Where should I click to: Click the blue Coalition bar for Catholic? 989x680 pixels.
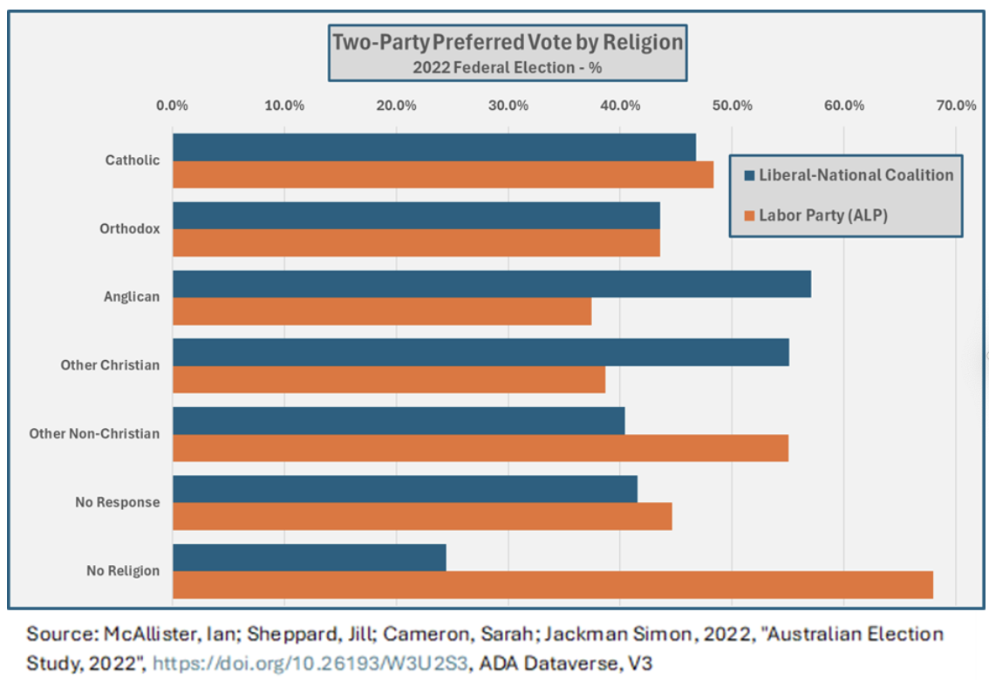(433, 147)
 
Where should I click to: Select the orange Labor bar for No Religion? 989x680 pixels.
(552, 585)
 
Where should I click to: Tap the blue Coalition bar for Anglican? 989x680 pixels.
(491, 284)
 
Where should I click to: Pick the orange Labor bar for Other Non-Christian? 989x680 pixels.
(480, 448)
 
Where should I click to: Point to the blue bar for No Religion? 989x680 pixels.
(309, 558)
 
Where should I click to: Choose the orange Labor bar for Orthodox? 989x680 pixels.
(416, 243)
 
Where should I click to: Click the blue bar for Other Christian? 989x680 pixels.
(481, 352)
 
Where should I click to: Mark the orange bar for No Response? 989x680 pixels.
(422, 516)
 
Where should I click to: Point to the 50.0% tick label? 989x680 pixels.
(732, 106)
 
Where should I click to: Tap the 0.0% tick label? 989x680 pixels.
(172, 106)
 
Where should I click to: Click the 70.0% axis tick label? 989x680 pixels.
(955, 106)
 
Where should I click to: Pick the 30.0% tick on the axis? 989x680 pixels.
(508, 106)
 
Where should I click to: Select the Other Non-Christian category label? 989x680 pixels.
(94, 433)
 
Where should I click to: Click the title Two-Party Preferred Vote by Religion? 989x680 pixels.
(508, 42)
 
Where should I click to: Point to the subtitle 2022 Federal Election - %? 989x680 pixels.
(508, 66)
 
